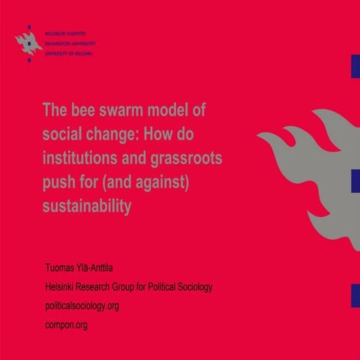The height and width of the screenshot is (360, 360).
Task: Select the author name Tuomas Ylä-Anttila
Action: pos(85,268)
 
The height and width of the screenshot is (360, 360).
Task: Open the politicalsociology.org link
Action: pos(82,305)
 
